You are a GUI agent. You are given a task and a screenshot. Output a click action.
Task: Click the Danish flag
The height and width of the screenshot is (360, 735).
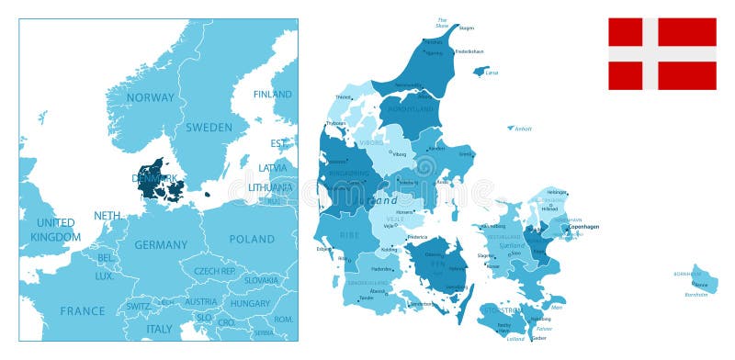pyautogui.click(x=661, y=53)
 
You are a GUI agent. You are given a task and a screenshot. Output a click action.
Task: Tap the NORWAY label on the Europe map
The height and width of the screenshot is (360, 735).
pyautogui.click(x=151, y=97)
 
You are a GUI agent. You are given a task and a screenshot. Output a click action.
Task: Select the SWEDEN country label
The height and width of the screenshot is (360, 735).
pyautogui.click(x=209, y=128)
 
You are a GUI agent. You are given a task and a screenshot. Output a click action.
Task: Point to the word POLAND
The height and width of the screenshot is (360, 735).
pyautogui.click(x=252, y=239)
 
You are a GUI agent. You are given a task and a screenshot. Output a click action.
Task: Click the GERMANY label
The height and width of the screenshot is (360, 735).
pyautogui.click(x=161, y=245)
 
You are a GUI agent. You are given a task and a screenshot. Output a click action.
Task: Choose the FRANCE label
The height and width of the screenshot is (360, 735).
pyautogui.click(x=83, y=311)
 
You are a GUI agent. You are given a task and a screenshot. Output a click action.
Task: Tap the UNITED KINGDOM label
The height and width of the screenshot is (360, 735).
pyautogui.click(x=55, y=230)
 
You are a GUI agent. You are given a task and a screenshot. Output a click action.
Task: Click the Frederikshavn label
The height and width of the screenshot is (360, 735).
pyautogui.click(x=469, y=51)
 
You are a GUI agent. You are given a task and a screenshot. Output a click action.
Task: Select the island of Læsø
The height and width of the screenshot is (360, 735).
pyautogui.click(x=480, y=71)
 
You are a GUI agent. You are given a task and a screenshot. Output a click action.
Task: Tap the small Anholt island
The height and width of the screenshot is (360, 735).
pyautogui.click(x=510, y=128)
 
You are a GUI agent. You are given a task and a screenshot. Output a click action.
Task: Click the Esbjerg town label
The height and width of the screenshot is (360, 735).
pyautogui.click(x=324, y=248)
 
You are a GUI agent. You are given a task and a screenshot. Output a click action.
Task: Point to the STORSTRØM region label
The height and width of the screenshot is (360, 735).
pyautogui.click(x=500, y=310)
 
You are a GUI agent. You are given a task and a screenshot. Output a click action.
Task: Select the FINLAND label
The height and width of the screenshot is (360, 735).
pyautogui.click(x=273, y=94)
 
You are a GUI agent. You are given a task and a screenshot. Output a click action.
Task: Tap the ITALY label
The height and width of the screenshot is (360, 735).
pyautogui.click(x=160, y=329)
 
